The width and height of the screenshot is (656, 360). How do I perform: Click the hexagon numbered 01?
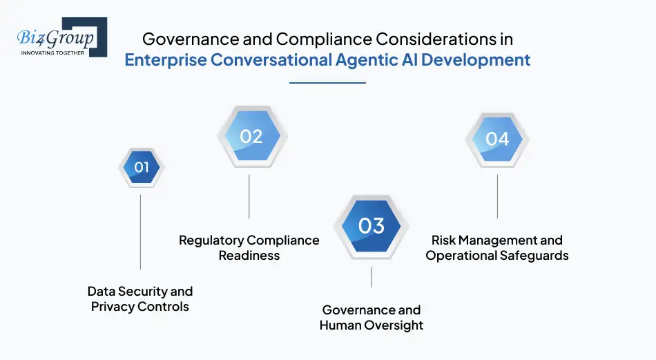(141, 167)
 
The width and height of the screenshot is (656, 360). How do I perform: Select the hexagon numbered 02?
(251, 136)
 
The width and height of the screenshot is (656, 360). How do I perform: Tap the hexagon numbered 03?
(371, 226)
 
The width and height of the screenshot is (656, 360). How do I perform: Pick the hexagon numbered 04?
(497, 139)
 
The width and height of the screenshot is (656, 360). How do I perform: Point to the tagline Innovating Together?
(53, 53)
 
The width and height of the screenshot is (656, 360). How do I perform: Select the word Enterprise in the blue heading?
(165, 59)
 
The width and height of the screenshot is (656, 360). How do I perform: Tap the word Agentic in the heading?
(358, 59)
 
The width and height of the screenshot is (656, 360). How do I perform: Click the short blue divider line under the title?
(327, 83)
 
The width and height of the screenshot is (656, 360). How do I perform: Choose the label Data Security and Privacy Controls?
(140, 299)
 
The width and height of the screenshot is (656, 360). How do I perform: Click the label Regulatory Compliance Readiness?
(249, 247)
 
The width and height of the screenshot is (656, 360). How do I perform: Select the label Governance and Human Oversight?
(372, 317)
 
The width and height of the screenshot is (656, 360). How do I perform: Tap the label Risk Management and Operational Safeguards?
(497, 247)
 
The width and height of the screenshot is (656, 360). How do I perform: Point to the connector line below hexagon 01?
(141, 231)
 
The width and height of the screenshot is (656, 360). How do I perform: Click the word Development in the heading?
(476, 59)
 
